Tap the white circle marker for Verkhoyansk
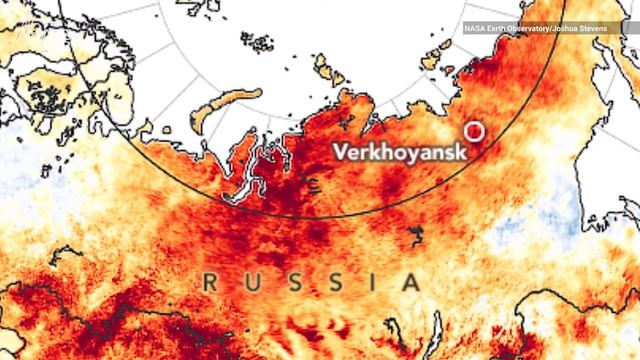point(475,131)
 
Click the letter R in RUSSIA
point(209,283)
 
